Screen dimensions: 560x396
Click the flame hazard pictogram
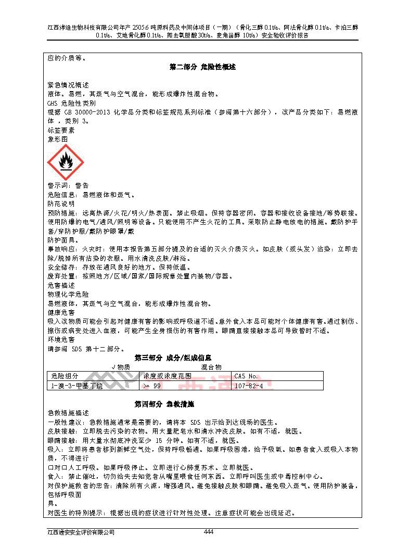65,162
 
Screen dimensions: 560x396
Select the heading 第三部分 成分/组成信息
173,358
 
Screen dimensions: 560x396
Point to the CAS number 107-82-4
249,386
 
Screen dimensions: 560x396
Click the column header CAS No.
246,376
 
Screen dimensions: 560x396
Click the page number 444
209,531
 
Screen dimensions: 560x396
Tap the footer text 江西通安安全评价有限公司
80,532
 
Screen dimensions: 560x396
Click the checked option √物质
121,367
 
